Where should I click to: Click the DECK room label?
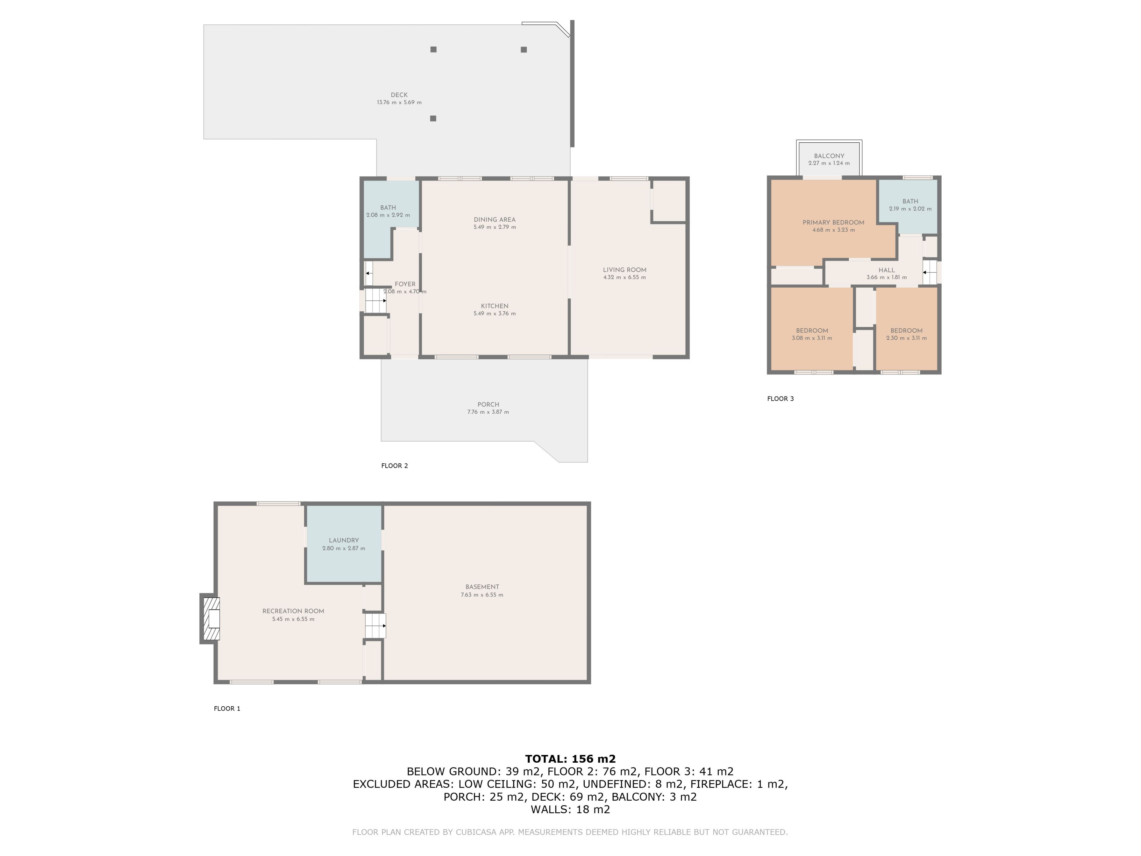pyautogui.click(x=399, y=95)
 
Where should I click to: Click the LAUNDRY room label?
pyautogui.click(x=343, y=540)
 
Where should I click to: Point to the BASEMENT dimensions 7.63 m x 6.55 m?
pyautogui.click(x=482, y=595)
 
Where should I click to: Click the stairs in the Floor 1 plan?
pyautogui.click(x=375, y=625)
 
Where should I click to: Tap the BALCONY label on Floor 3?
pyautogui.click(x=829, y=156)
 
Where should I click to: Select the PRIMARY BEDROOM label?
pyautogui.click(x=833, y=222)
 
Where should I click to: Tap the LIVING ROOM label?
pyautogui.click(x=624, y=270)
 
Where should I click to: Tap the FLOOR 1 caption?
pyautogui.click(x=227, y=709)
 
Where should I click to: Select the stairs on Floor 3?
pyautogui.click(x=929, y=272)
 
